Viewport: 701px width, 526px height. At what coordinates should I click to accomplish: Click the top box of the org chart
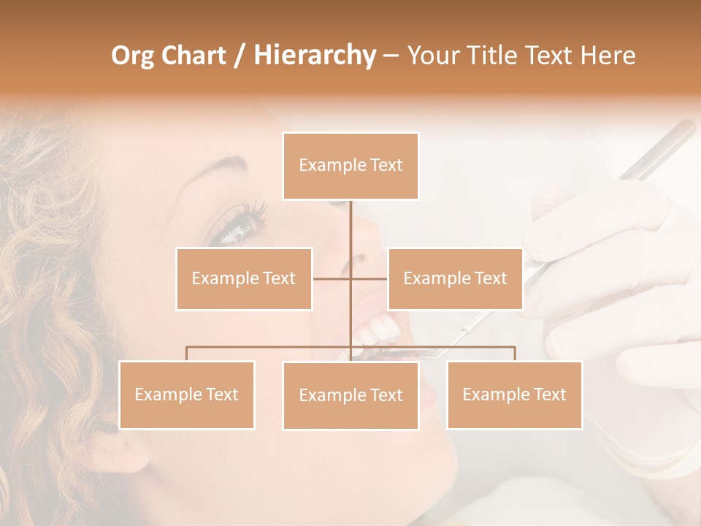click(350, 166)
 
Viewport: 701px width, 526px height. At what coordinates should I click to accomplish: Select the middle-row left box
click(244, 278)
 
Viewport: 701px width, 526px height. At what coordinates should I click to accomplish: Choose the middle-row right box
click(455, 278)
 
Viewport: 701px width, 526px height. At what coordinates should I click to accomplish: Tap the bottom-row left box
click(187, 394)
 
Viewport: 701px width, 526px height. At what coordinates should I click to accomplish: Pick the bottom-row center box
click(350, 395)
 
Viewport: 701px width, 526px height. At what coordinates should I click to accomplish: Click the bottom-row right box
click(514, 394)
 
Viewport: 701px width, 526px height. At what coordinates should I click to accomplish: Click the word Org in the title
click(133, 56)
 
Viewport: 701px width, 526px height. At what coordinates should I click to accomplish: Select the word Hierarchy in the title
click(315, 56)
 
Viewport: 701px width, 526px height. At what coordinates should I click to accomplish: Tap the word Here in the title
click(608, 56)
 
